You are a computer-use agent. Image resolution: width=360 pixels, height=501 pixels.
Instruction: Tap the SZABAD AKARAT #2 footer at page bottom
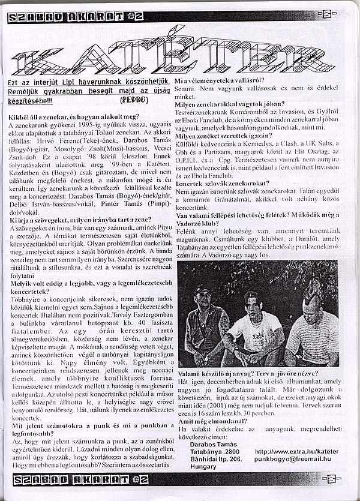(75, 479)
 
